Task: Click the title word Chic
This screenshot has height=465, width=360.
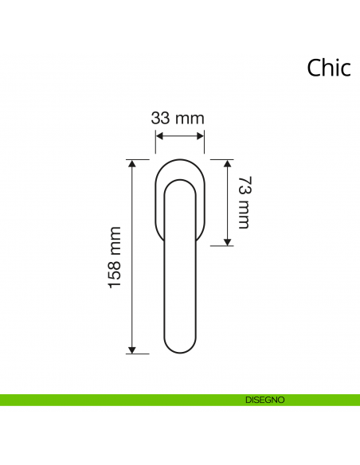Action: [x=328, y=68]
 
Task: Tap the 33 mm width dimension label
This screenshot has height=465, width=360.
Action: [x=178, y=119]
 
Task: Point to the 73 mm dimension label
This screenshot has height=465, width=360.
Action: [x=244, y=203]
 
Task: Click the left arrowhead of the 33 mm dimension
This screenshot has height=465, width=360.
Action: [x=158, y=137]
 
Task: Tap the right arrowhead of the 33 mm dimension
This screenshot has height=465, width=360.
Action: [x=202, y=137]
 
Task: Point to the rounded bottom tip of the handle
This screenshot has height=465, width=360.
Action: [x=179, y=350]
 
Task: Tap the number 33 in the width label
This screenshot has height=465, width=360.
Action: [x=162, y=119]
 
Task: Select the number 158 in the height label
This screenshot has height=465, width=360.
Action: [x=116, y=274]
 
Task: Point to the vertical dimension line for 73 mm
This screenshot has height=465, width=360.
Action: [x=228, y=223]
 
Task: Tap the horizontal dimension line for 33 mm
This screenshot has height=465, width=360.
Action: [x=179, y=137]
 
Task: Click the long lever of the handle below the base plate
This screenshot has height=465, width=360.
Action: [x=179, y=295]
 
